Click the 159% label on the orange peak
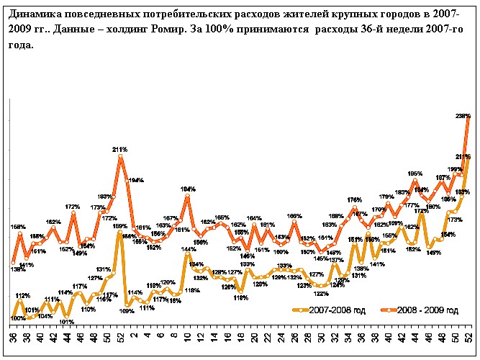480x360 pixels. [119, 226]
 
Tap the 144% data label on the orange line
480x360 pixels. [189, 250]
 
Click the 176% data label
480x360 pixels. [354, 200]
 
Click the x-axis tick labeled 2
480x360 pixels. [134, 336]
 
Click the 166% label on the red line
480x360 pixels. [294, 216]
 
